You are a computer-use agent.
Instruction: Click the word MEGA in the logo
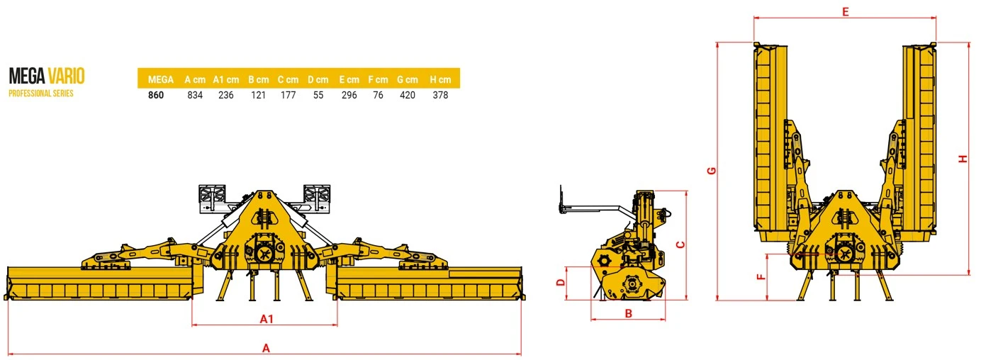pos(27,76)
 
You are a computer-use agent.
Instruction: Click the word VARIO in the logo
pos(66,76)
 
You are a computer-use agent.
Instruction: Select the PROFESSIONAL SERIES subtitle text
pos(41,94)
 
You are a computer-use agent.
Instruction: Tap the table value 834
pos(195,95)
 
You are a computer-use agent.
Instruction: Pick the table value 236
pos(226,95)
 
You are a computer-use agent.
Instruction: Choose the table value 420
pos(408,95)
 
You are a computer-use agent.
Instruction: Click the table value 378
pos(440,95)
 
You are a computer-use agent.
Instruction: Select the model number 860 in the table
pos(156,95)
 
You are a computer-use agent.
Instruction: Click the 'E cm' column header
pos(349,79)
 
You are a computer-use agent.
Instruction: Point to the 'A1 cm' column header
pos(226,79)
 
